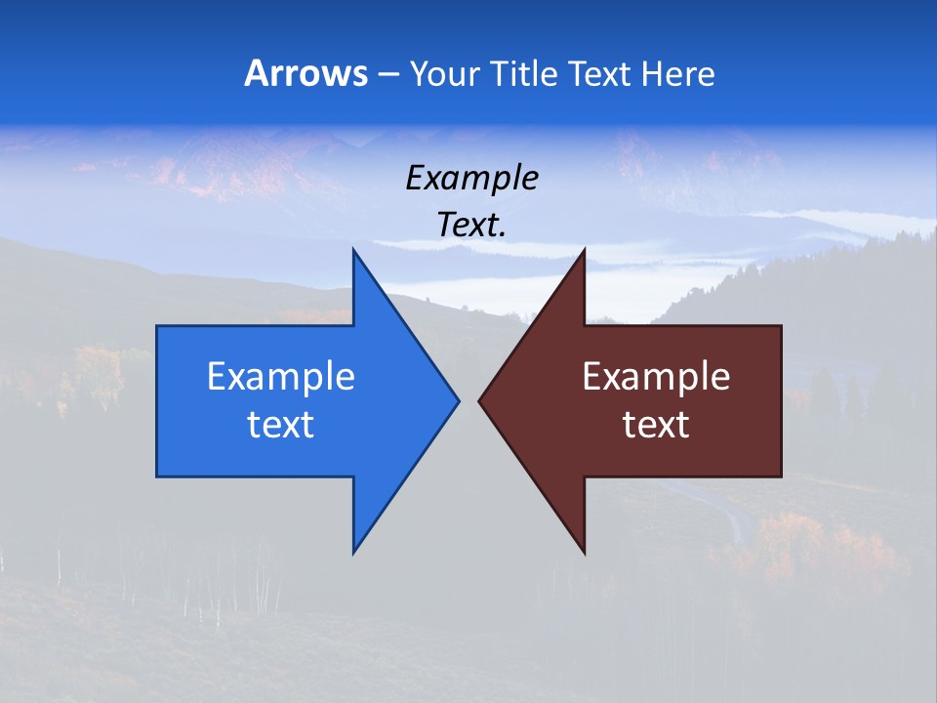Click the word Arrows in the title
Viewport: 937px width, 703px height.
pyautogui.click(x=306, y=73)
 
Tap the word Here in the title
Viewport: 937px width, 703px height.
pyautogui.click(x=678, y=73)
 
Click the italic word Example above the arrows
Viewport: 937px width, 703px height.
pyautogui.click(x=472, y=178)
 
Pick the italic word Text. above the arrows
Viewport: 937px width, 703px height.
pyautogui.click(x=472, y=225)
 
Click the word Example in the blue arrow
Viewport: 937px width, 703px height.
pyautogui.click(x=281, y=376)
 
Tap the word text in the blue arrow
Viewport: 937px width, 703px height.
pyautogui.click(x=281, y=424)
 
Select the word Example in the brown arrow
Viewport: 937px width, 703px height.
pyautogui.click(x=656, y=376)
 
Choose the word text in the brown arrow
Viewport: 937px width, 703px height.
pyautogui.click(x=656, y=424)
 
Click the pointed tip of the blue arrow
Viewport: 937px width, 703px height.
pyautogui.click(x=458, y=399)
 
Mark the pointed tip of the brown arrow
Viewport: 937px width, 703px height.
pyautogui.click(x=479, y=399)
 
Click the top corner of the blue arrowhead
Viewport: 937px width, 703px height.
pyautogui.click(x=354, y=251)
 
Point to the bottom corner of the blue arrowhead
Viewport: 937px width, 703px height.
pyautogui.click(x=354, y=552)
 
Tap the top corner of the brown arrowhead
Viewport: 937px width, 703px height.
pyautogui.click(x=584, y=251)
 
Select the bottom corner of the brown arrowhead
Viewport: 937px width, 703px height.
pyautogui.click(x=584, y=552)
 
